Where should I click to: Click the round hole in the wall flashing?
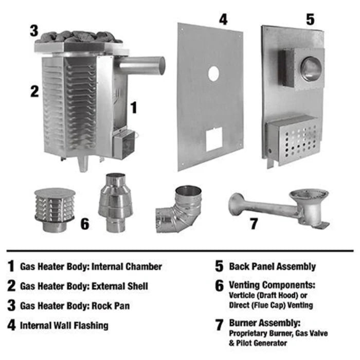[213, 74]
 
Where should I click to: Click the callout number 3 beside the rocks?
[33, 30]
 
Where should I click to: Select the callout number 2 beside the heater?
[34, 91]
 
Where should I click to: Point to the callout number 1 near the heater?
[134, 107]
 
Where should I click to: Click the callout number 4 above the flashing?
[223, 20]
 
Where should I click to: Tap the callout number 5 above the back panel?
[310, 20]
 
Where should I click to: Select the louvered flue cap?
[55, 209]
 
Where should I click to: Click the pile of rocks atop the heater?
[80, 37]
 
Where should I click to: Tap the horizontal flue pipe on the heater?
[141, 66]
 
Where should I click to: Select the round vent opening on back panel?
[311, 69]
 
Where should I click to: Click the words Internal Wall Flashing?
[64, 325]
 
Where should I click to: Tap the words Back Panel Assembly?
[273, 266]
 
